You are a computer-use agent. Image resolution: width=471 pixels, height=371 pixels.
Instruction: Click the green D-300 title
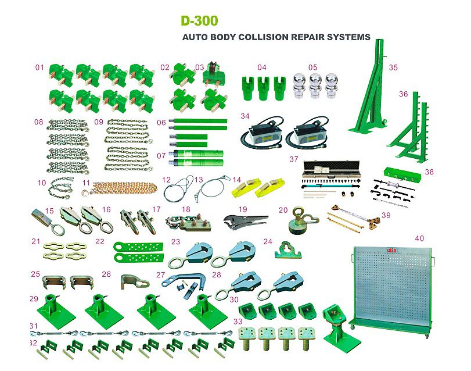(x=199, y=21)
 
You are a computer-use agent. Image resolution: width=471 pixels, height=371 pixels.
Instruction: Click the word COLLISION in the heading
(x=264, y=37)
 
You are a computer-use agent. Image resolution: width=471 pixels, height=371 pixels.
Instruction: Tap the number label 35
(x=393, y=67)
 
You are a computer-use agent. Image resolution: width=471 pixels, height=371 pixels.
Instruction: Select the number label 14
(x=237, y=180)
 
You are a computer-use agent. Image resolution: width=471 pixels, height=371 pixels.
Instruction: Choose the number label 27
(x=161, y=274)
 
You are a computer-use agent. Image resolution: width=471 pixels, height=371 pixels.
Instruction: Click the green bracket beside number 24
(x=288, y=250)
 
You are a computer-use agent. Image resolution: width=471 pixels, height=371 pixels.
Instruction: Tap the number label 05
(x=312, y=67)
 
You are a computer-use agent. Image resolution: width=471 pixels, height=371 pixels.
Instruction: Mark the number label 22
(x=100, y=241)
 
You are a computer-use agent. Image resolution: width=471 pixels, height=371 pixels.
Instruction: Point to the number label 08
(x=39, y=122)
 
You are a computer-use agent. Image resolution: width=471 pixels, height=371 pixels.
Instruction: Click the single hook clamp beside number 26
(x=134, y=281)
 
